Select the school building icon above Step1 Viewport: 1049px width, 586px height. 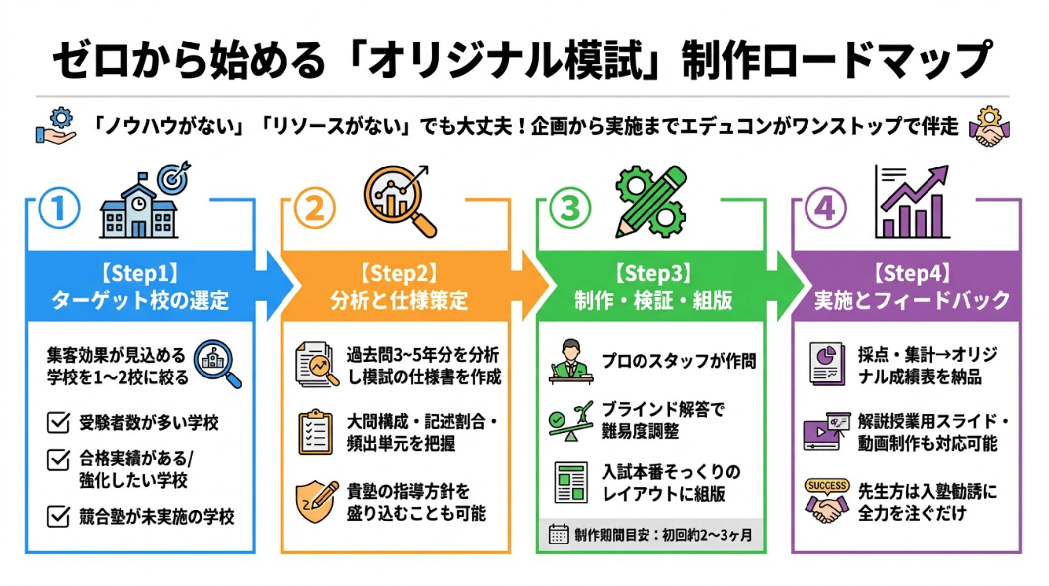138,210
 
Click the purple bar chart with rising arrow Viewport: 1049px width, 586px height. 912,203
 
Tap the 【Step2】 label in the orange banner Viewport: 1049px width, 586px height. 399,273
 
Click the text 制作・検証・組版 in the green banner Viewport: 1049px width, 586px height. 653,300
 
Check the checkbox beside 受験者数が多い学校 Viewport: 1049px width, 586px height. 58,423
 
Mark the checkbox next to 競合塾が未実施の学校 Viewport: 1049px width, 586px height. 58,517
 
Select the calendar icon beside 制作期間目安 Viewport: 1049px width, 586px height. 559,535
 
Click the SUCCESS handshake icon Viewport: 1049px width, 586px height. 827,502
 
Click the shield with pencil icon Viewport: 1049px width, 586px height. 317,502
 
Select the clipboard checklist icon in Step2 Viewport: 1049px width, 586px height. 316,432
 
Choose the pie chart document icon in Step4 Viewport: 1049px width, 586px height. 826,364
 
